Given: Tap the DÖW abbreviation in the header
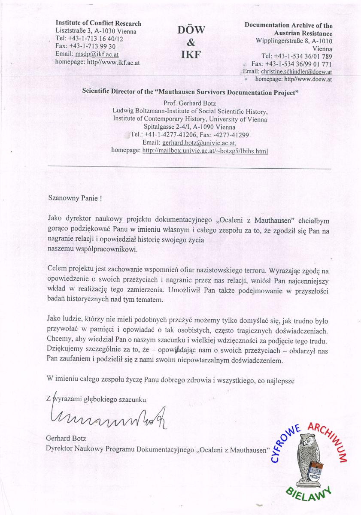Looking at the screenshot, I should pyautogui.click(x=191, y=30).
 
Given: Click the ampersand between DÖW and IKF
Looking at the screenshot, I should pyautogui.click(x=191, y=42).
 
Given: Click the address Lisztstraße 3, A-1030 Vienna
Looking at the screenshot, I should pyautogui.click(x=96, y=31).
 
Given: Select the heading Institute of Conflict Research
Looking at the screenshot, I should pyautogui.click(x=98, y=23).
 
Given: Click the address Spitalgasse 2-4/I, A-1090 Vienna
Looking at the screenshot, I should pyautogui.click(x=189, y=127).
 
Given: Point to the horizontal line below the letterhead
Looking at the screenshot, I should pyautogui.click(x=189, y=167).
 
